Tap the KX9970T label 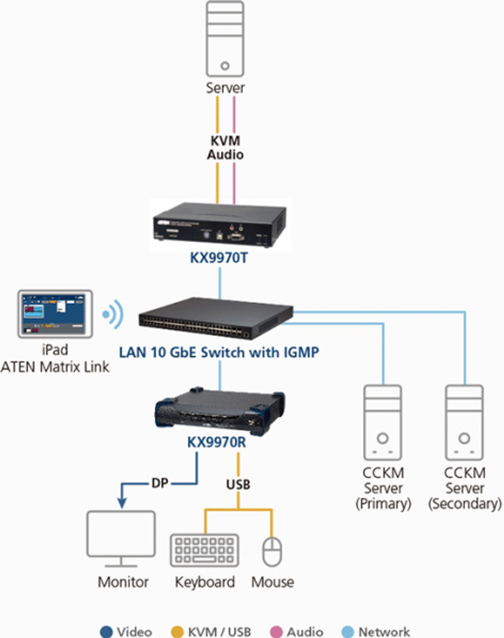(x=219, y=258)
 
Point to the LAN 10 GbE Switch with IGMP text (x=219, y=352)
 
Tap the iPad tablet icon (x=55, y=314)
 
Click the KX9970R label (x=217, y=442)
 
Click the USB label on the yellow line (x=238, y=485)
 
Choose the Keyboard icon (x=204, y=550)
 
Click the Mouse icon (x=272, y=551)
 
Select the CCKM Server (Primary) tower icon (x=383, y=423)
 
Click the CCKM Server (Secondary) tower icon (x=464, y=423)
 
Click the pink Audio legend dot (x=276, y=631)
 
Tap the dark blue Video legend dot (x=106, y=631)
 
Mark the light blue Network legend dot (x=348, y=631)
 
